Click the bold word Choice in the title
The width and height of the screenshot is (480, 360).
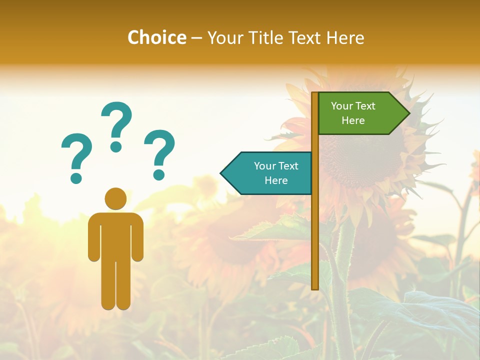click(156, 37)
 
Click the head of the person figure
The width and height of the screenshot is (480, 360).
click(115, 198)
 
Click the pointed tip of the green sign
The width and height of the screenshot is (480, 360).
click(407, 113)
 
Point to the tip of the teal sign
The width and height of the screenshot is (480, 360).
click(222, 173)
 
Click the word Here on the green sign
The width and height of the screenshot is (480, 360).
click(353, 120)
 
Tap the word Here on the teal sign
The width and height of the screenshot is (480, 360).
click(276, 180)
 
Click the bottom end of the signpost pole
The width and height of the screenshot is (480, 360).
click(315, 286)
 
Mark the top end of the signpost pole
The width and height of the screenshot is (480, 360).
click(315, 94)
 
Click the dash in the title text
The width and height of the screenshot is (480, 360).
click(196, 38)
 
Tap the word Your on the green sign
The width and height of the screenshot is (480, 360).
click(342, 106)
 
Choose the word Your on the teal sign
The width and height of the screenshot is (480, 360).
click(265, 166)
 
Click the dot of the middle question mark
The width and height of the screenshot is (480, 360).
click(116, 146)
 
